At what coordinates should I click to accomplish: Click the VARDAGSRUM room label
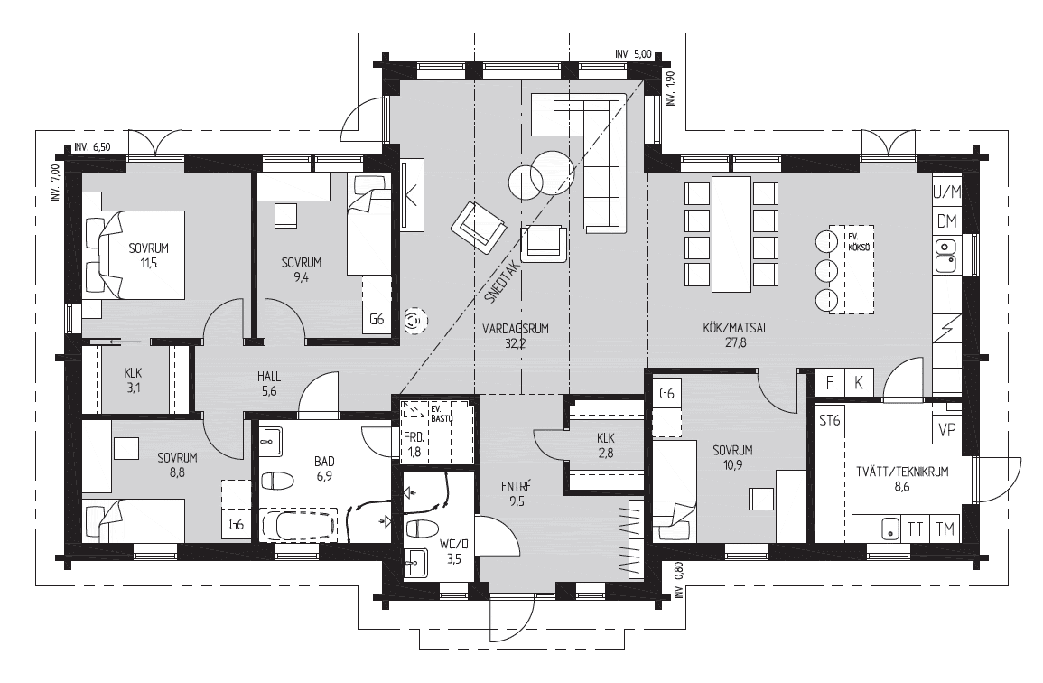click(x=516, y=328)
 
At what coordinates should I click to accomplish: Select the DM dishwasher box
click(x=946, y=221)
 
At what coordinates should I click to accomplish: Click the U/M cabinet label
click(x=947, y=192)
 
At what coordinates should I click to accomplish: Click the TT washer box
click(x=916, y=529)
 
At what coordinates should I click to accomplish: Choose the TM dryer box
click(x=945, y=529)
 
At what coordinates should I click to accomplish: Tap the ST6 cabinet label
click(x=830, y=421)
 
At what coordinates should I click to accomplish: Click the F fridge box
click(x=830, y=383)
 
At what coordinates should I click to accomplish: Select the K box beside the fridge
click(x=859, y=383)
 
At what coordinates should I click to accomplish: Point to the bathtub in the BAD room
click(x=300, y=524)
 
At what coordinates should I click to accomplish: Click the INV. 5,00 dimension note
click(x=633, y=54)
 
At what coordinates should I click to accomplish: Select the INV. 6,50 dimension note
click(x=92, y=148)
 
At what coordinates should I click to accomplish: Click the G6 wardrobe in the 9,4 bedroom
click(x=377, y=319)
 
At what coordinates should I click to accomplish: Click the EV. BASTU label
click(x=442, y=413)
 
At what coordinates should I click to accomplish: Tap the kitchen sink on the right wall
click(x=945, y=256)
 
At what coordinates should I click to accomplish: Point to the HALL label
click(x=269, y=377)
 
